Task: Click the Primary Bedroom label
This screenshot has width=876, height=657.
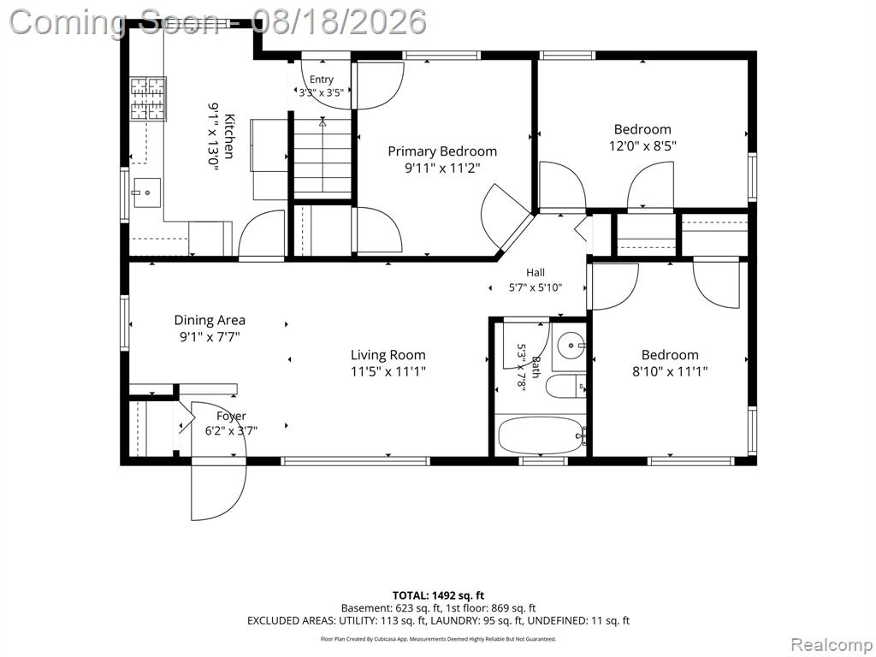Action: [x=442, y=151]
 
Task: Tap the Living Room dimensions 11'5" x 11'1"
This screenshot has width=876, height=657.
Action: [x=388, y=371]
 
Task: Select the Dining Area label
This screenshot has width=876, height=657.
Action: [x=210, y=320]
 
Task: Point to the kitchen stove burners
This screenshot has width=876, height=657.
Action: [x=148, y=99]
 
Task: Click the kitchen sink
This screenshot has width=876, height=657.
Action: [x=145, y=192]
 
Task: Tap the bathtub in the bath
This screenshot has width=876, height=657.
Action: [x=541, y=435]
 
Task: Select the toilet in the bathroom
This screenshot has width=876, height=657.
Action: [x=565, y=386]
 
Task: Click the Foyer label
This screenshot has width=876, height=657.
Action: [x=231, y=417]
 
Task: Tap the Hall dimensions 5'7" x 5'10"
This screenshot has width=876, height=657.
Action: [x=536, y=287]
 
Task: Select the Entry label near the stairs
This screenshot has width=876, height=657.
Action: [x=322, y=80]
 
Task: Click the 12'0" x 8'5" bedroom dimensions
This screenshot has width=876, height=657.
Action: [x=642, y=146]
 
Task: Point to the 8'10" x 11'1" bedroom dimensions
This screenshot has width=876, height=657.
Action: [x=670, y=371]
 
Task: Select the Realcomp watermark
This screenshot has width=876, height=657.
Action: [x=831, y=644]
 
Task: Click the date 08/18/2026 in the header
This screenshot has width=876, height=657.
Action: [x=339, y=21]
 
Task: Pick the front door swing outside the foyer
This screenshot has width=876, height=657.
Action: [x=219, y=490]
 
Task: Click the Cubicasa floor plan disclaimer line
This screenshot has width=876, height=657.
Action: [x=438, y=638]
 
